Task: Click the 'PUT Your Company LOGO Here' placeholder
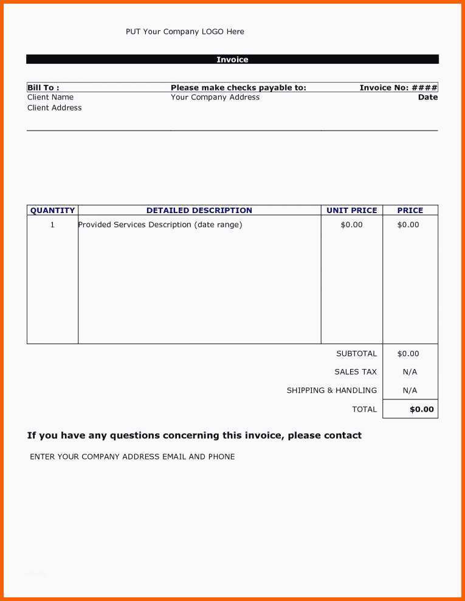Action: pos(185,32)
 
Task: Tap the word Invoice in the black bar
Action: pos(232,59)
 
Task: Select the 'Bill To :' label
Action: pos(43,87)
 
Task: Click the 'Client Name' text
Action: pos(50,97)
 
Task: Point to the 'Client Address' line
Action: pos(55,107)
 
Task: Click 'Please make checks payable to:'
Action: pos(238,87)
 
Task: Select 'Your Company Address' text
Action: pos(215,97)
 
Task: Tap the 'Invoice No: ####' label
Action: pos(398,87)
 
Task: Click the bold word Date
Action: pos(428,97)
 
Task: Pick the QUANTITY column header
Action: pos(53,210)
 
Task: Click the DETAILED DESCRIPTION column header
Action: pos(199,210)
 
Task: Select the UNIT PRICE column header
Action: pos(352,210)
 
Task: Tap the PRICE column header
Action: pos(410,210)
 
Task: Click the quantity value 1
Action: pos(52,225)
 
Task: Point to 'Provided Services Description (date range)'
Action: pos(160,225)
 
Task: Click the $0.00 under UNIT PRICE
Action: pos(352,225)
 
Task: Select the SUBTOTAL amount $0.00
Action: pos(408,353)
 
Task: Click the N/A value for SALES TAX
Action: pos(410,372)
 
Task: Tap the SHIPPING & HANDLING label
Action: pos(332,390)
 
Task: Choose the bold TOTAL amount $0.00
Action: pos(422,409)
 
